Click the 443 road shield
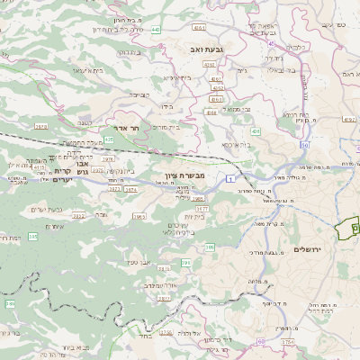(x=157, y=30)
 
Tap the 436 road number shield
(x=256, y=131)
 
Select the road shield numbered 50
(x=305, y=144)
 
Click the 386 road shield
(x=210, y=246)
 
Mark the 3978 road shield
(x=40, y=127)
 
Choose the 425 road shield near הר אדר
(x=109, y=139)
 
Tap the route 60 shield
(x=261, y=341)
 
